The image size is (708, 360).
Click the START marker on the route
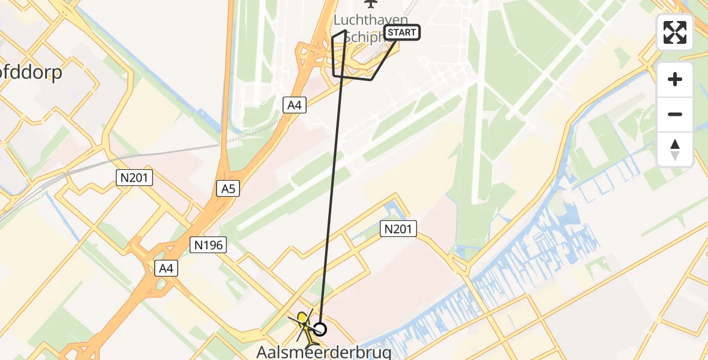pos(402,32)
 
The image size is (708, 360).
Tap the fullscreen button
pos(675,32)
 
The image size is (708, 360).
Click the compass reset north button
pos(675,149)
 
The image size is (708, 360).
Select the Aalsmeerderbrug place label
pos(324,352)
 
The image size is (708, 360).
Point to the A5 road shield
pos(227,189)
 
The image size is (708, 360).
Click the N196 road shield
pos(208,244)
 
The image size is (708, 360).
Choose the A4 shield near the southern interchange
pos(166,269)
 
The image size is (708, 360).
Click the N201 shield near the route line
pos(398,228)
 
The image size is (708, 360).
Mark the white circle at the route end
pos(320,329)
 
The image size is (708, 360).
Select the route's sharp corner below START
pos(372,79)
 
